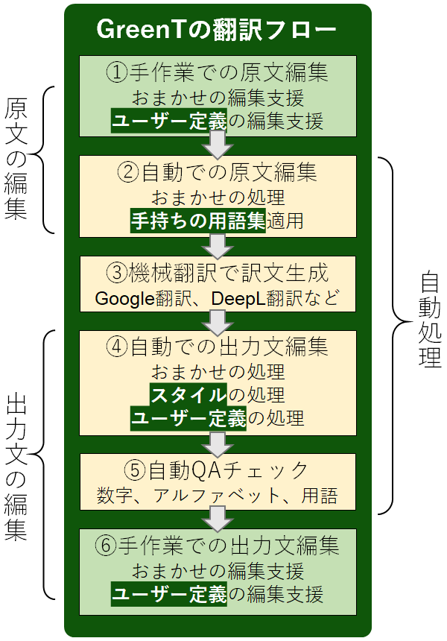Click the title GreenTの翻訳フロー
click(x=217, y=31)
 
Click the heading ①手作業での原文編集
click(x=217, y=73)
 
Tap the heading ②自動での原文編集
click(x=217, y=173)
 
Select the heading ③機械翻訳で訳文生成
click(x=217, y=273)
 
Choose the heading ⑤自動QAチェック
click(x=217, y=470)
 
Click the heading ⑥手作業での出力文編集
click(x=217, y=546)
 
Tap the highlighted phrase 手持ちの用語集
click(x=197, y=221)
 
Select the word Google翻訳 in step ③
click(x=136, y=298)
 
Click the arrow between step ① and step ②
click(x=218, y=145)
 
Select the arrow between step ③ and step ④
click(x=218, y=322)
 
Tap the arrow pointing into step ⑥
click(x=218, y=518)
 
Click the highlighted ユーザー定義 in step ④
click(x=188, y=419)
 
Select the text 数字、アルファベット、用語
click(x=217, y=494)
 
